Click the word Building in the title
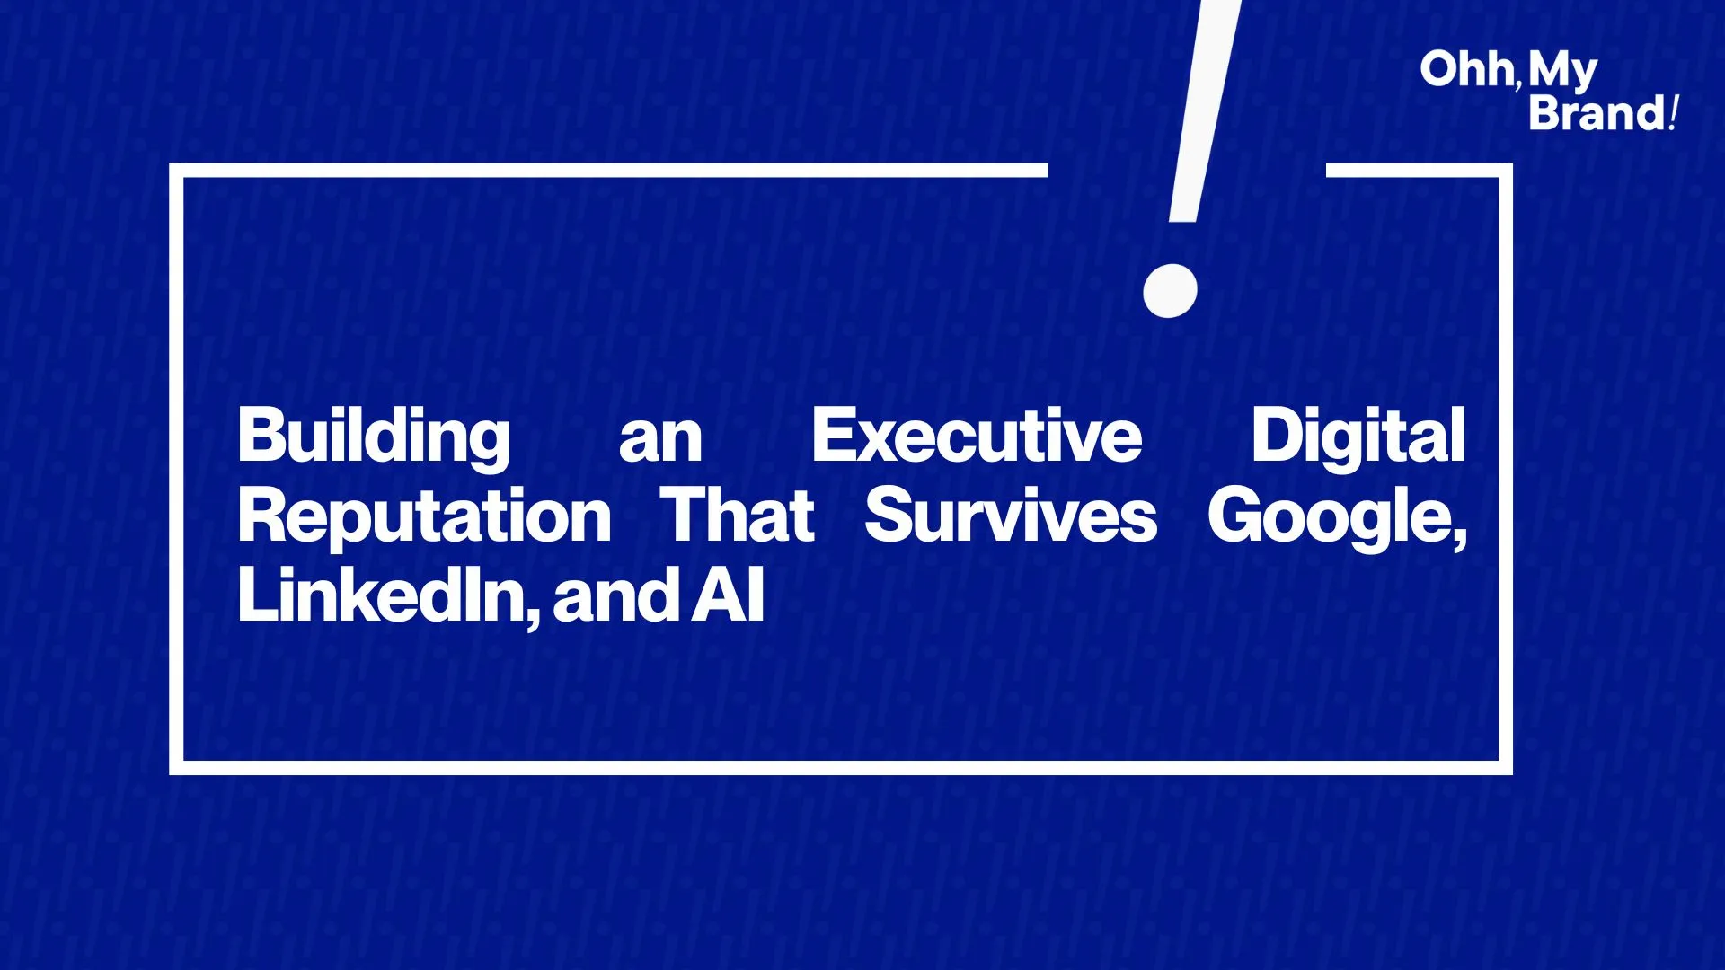(x=374, y=438)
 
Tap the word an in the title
(x=660, y=440)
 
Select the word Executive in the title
(x=977, y=436)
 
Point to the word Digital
(x=1358, y=437)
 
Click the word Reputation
(x=424, y=518)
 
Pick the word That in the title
(x=738, y=516)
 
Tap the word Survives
(x=1011, y=516)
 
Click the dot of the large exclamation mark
(x=1170, y=290)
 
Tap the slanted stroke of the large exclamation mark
(x=1204, y=110)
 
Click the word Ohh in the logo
(x=1466, y=70)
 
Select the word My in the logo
(x=1562, y=72)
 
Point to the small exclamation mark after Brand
(x=1674, y=114)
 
